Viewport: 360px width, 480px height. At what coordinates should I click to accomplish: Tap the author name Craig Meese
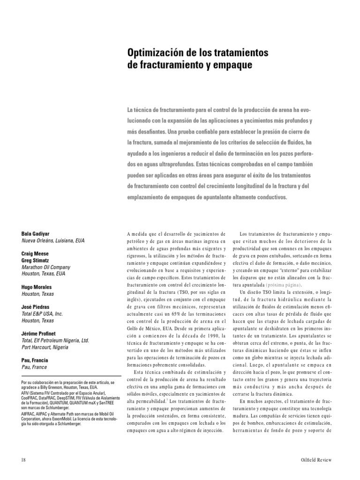pos(36,253)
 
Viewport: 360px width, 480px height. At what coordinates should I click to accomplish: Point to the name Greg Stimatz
pos(36,259)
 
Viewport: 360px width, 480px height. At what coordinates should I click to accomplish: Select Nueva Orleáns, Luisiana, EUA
pos(53,240)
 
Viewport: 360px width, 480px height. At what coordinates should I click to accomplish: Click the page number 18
pos(23,459)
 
